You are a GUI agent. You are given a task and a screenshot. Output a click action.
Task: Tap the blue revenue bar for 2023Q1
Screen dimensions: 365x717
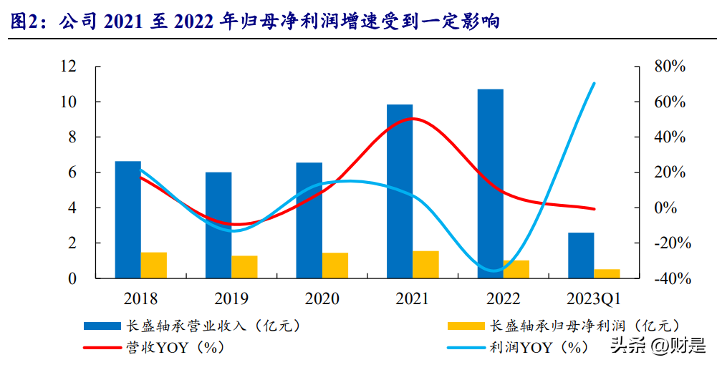click(581, 255)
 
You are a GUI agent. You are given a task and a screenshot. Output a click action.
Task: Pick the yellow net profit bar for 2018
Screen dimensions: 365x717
click(154, 265)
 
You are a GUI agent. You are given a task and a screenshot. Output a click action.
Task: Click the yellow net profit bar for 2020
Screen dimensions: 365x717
click(335, 265)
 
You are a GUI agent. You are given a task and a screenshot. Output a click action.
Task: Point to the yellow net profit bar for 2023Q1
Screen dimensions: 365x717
click(607, 273)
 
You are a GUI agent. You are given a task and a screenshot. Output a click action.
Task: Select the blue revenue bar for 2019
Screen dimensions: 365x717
click(218, 225)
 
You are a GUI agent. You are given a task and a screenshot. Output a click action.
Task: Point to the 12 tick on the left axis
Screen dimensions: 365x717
click(68, 67)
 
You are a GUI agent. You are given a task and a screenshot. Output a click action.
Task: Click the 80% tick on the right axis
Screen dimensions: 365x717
click(670, 67)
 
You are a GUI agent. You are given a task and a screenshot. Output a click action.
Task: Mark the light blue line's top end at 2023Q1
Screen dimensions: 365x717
click(595, 83)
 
